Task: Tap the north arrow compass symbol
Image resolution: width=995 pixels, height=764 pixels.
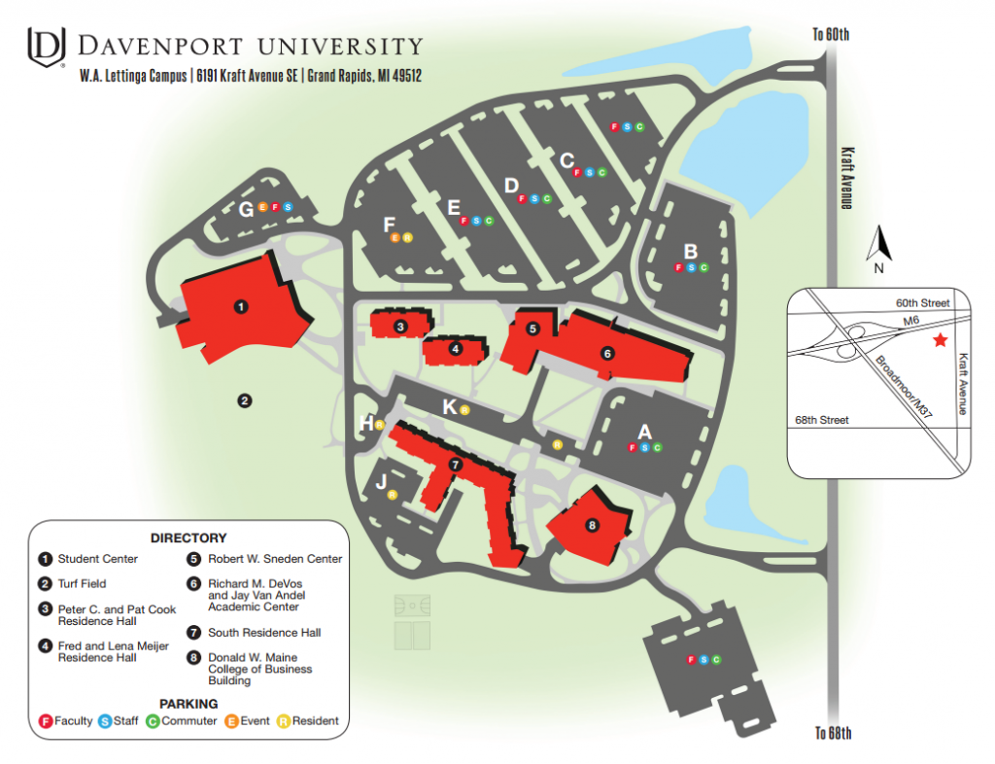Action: click(x=878, y=245)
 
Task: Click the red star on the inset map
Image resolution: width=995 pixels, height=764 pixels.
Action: click(x=940, y=340)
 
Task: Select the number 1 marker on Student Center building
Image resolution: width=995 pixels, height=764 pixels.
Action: click(x=241, y=306)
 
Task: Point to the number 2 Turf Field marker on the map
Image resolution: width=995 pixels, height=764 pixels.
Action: click(x=245, y=399)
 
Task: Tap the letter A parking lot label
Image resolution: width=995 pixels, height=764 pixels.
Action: click(x=643, y=431)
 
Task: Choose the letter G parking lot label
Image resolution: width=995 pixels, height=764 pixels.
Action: click(x=246, y=209)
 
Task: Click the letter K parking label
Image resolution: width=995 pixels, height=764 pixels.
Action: click(x=449, y=406)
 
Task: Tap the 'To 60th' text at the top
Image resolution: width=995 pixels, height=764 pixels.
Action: click(x=831, y=35)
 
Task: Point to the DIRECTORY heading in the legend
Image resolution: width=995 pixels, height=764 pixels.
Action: click(x=189, y=538)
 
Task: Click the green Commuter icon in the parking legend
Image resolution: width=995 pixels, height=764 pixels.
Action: click(x=153, y=721)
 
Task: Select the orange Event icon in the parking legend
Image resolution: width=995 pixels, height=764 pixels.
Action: click(x=232, y=721)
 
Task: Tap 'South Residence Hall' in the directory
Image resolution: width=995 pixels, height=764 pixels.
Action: click(x=264, y=633)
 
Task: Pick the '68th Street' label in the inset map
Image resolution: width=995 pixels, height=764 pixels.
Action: click(x=822, y=420)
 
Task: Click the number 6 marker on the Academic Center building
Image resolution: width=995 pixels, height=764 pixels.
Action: click(x=607, y=353)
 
